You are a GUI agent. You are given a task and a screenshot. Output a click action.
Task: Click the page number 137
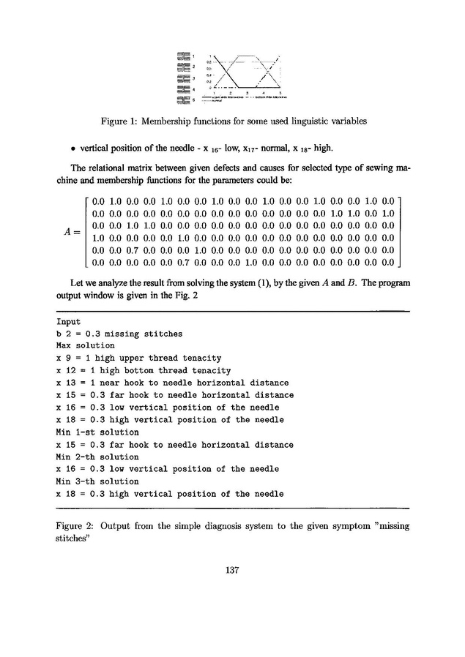coord(232,571)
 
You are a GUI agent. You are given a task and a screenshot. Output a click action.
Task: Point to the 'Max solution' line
coord(85,345)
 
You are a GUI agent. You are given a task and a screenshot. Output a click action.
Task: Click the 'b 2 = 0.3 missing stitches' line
coord(119,333)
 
